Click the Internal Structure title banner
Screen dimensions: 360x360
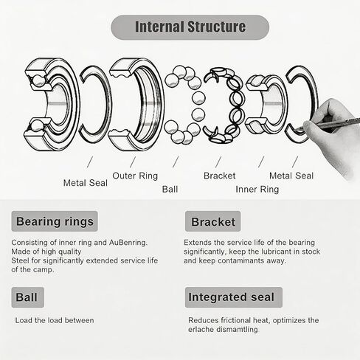[190, 27]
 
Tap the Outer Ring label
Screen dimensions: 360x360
[135, 176]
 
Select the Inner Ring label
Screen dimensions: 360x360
[257, 190]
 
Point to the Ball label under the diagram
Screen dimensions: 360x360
[170, 190]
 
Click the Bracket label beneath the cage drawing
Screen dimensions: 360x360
[220, 176]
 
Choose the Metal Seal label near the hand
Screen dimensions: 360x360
[291, 176]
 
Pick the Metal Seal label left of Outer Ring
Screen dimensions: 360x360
[86, 183]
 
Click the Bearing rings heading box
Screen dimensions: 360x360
[55, 221]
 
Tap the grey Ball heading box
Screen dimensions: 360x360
[28, 297]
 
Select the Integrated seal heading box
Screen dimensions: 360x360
[234, 297]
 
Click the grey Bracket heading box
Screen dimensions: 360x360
[212, 221]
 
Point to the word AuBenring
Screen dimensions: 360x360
[128, 243]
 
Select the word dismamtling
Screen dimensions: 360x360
[237, 329]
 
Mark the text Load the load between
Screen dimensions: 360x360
[55, 320]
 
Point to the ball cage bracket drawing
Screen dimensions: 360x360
[224, 105]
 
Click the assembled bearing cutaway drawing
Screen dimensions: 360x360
[52, 105]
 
